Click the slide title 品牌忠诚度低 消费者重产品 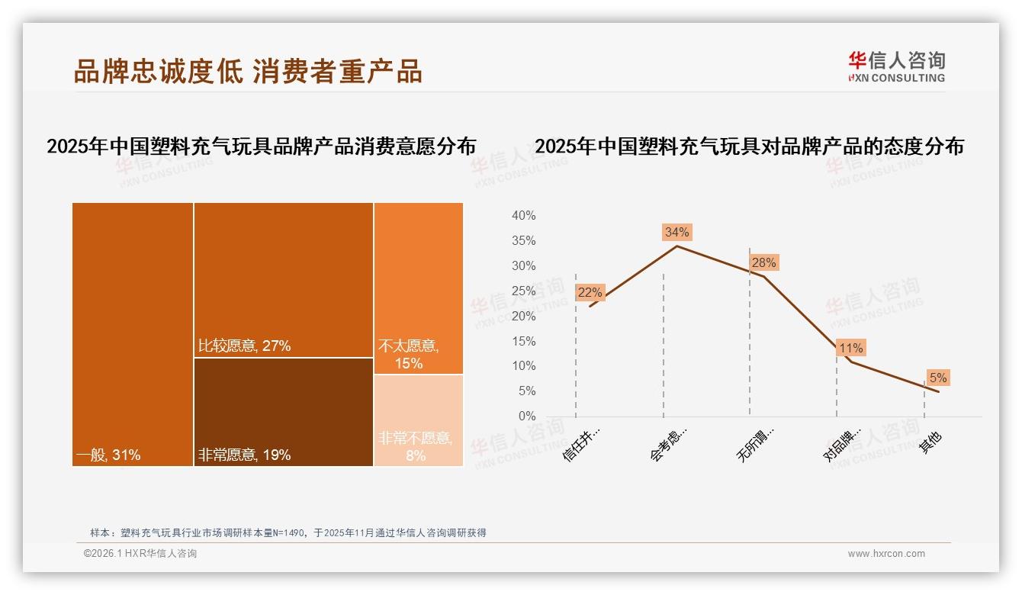pyautogui.click(x=248, y=71)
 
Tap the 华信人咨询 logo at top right pyautogui.click(x=896, y=66)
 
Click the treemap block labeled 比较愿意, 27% pyautogui.click(x=283, y=279)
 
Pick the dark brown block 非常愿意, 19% pyautogui.click(x=283, y=412)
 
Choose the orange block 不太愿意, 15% pyautogui.click(x=418, y=288)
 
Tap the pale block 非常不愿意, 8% pyautogui.click(x=418, y=420)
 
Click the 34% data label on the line pyautogui.click(x=677, y=232)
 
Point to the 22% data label pyautogui.click(x=590, y=292)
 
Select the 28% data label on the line pyautogui.click(x=763, y=262)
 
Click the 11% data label pyautogui.click(x=850, y=348)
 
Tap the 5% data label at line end pyautogui.click(x=937, y=378)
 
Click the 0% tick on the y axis pyautogui.click(x=526, y=416)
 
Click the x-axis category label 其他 pyautogui.click(x=930, y=442)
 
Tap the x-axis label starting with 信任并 pyautogui.click(x=582, y=444)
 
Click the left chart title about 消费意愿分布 pyautogui.click(x=261, y=146)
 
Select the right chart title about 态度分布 pyautogui.click(x=749, y=146)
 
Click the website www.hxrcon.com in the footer pyautogui.click(x=886, y=554)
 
